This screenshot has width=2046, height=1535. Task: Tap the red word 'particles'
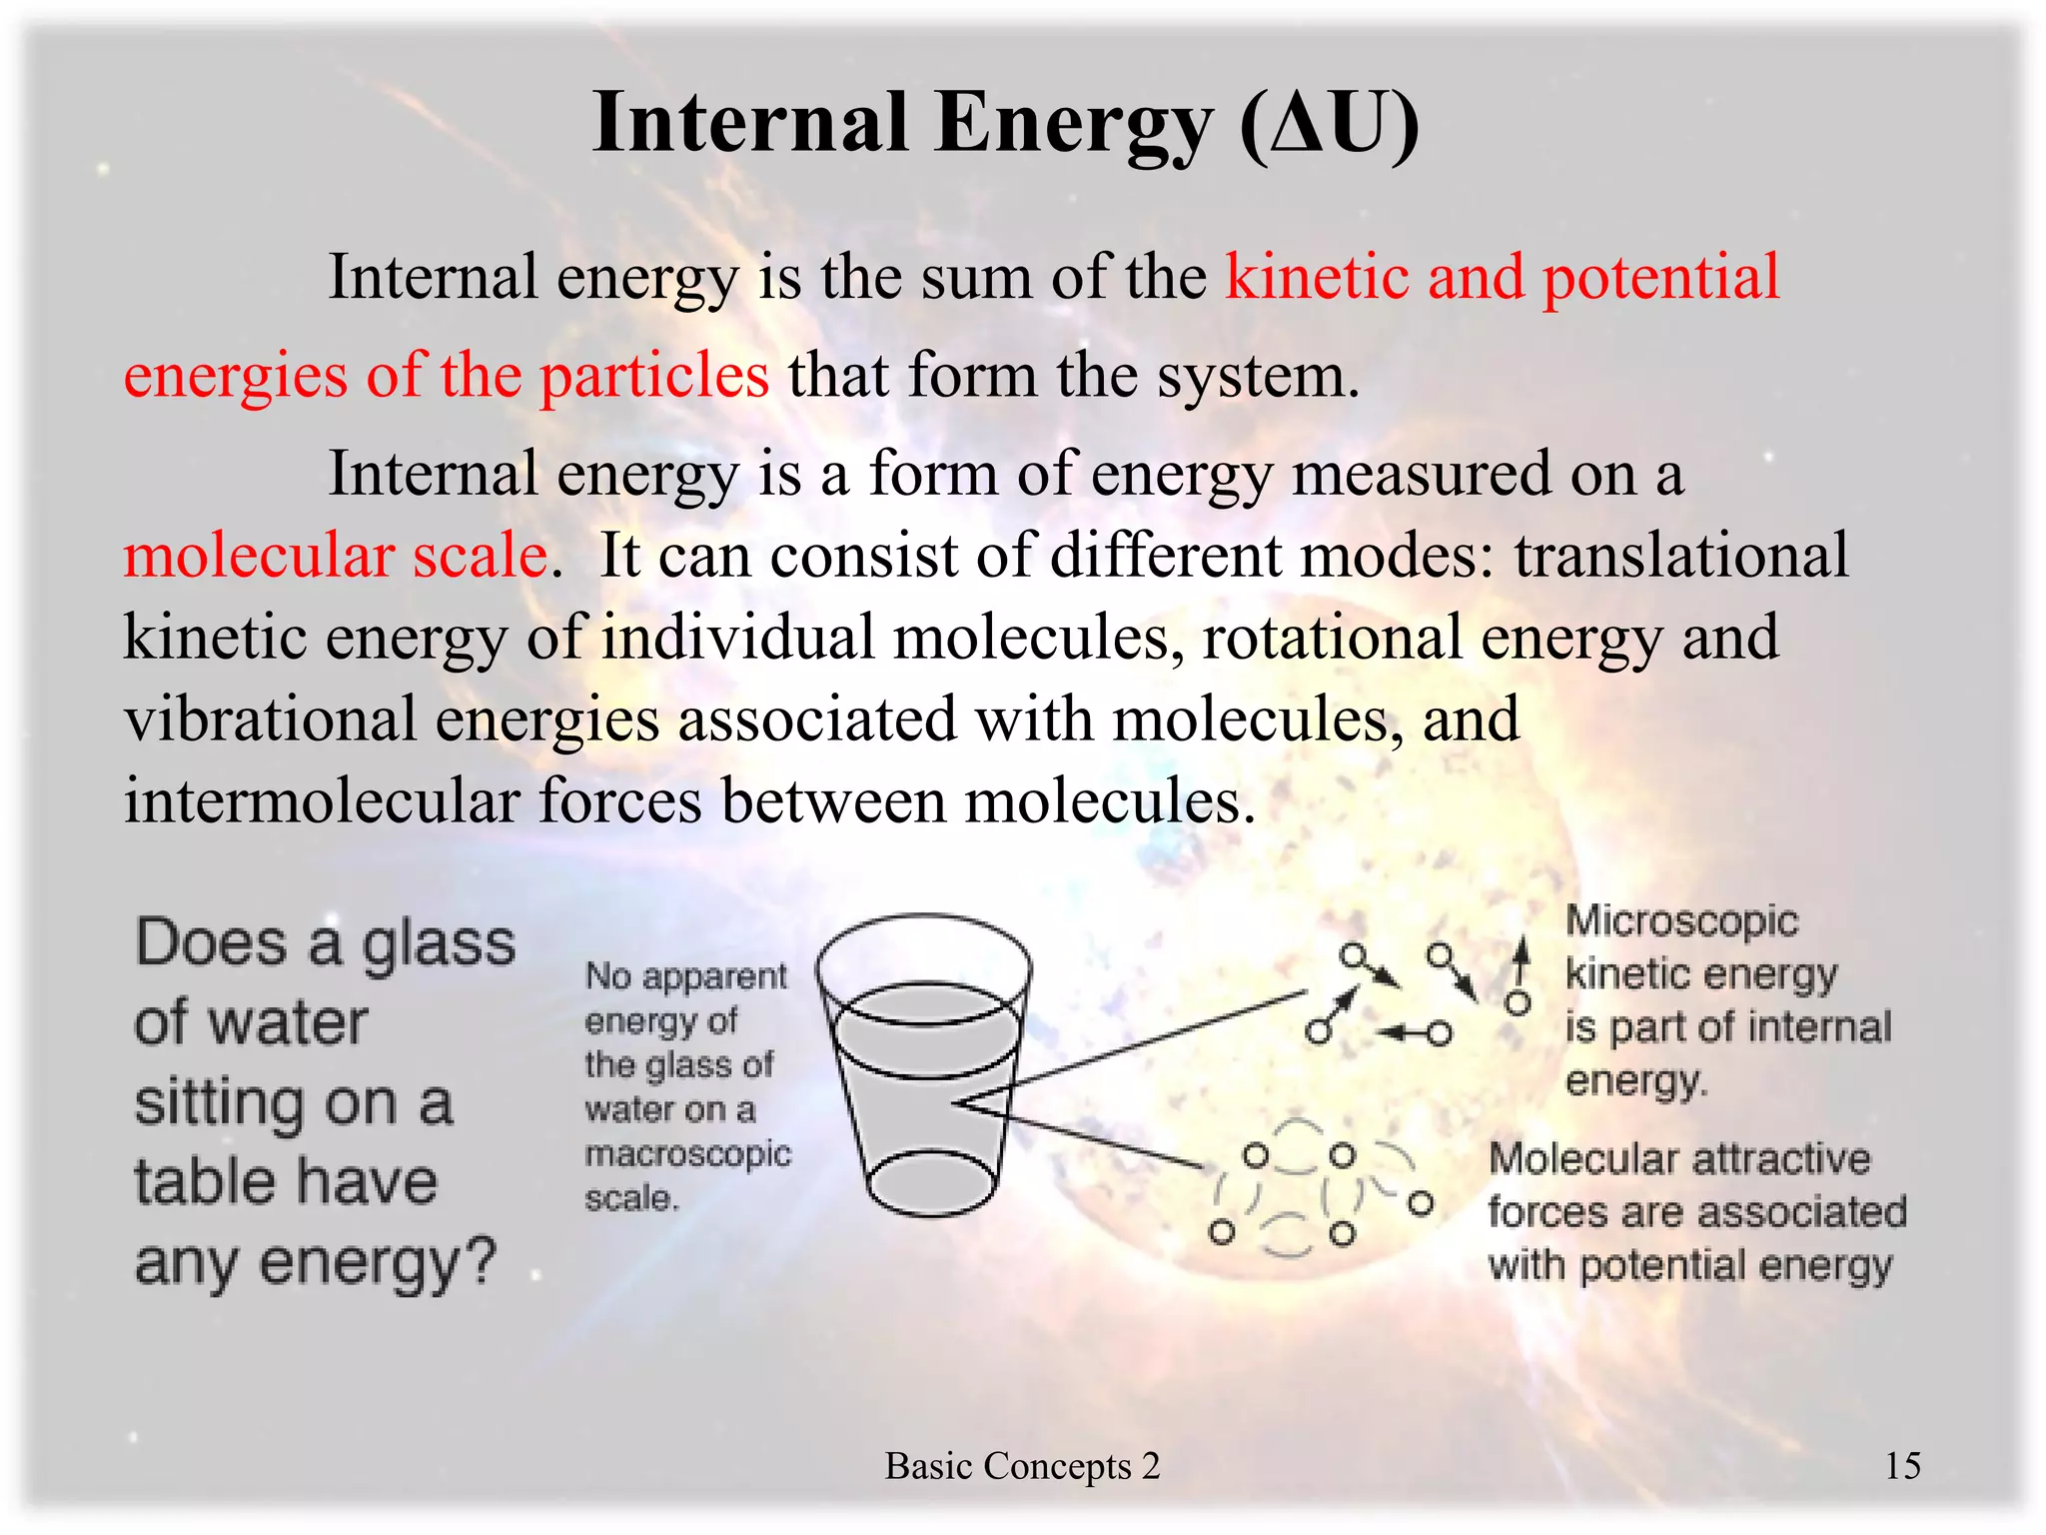pyautogui.click(x=654, y=377)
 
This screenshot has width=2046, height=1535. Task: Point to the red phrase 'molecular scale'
pyautogui.click(x=335, y=556)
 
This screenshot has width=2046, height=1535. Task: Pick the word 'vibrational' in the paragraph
pyautogui.click(x=270, y=720)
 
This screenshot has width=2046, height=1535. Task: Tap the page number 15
pyautogui.click(x=1902, y=1466)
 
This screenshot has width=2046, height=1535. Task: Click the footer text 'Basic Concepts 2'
pyautogui.click(x=1022, y=1466)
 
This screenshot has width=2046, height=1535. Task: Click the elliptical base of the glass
pyautogui.click(x=931, y=1182)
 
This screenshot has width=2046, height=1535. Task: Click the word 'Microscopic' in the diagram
pyautogui.click(x=1681, y=921)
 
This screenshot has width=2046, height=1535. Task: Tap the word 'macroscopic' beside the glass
pyautogui.click(x=687, y=1154)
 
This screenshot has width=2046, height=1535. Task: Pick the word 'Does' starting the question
pyautogui.click(x=211, y=943)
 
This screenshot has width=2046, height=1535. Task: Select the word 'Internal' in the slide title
pyautogui.click(x=750, y=124)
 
